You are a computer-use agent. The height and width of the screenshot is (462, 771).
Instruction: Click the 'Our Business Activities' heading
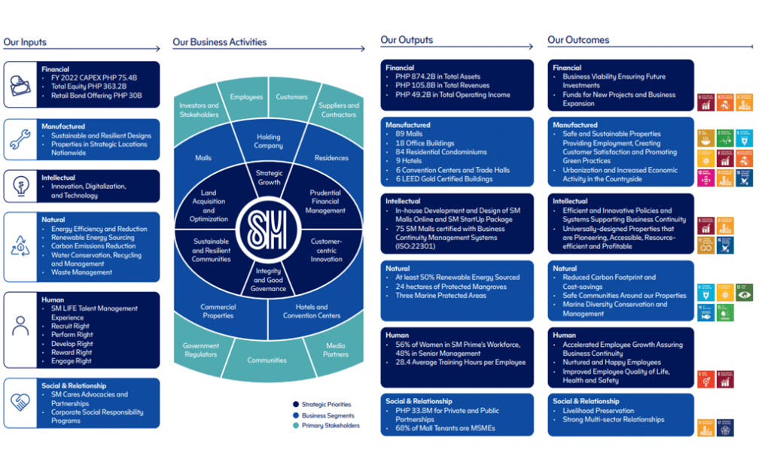(219, 42)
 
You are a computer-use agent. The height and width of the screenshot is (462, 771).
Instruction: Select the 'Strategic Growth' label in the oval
(269, 178)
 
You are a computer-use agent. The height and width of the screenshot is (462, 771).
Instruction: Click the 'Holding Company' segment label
(268, 141)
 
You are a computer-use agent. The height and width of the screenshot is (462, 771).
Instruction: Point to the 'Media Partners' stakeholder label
(335, 350)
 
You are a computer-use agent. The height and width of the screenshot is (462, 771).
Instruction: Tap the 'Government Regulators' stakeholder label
(200, 350)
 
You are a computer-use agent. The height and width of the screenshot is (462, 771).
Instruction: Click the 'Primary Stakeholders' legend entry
(330, 426)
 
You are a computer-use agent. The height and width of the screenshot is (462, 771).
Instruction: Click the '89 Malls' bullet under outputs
(410, 134)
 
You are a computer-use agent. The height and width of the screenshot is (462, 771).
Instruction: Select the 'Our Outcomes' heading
(578, 40)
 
